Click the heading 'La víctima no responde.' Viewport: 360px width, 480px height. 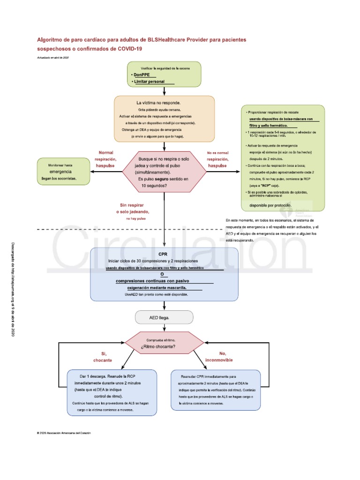[x=158, y=103]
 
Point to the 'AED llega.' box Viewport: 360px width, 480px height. [x=164, y=318]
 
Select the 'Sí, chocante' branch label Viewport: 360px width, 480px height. [x=104, y=357]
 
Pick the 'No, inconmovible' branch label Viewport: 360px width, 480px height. [x=222, y=357]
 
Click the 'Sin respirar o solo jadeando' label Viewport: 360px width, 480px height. [x=136, y=209]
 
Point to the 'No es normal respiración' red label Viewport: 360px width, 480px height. [x=217, y=159]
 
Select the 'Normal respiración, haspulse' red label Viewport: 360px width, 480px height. [x=106, y=159]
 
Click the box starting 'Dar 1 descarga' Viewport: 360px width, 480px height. [x=112, y=393]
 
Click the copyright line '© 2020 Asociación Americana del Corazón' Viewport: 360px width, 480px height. [x=63, y=433]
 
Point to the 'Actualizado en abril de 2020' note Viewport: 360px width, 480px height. [x=53, y=57]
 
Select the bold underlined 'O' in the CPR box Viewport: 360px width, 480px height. [x=163, y=274]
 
